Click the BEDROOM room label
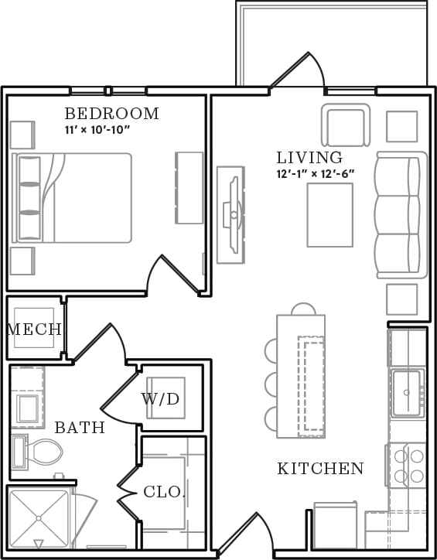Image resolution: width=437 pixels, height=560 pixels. click(111, 114)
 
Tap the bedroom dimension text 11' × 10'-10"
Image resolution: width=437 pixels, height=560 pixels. click(97, 130)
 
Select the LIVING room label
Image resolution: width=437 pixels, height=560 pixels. click(309, 158)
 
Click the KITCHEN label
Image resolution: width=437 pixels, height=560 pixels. click(320, 468)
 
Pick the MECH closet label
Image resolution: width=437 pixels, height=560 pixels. click(34, 330)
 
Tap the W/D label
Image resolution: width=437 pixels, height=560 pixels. click(160, 399)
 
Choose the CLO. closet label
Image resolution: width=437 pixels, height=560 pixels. click(164, 492)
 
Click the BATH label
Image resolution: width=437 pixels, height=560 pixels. click(80, 427)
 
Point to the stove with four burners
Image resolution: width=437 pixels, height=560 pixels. click(407, 465)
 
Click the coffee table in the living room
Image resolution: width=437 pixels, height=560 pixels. click(329, 214)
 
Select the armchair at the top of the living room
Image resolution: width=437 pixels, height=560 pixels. click(345, 125)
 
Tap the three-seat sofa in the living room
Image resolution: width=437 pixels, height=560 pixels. click(401, 214)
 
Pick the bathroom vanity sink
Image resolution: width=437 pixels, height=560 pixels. click(28, 408)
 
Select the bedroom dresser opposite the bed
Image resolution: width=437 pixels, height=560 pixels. click(189, 187)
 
